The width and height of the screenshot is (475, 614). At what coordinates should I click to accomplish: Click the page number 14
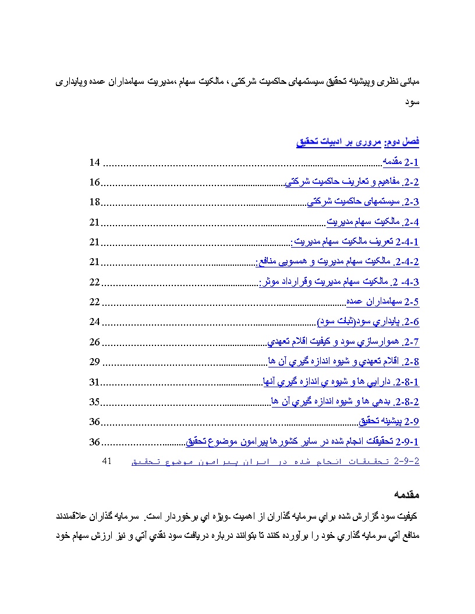[95, 162]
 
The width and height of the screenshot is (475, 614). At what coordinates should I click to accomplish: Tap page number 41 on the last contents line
[107, 461]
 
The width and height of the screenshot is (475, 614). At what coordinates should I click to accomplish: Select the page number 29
[95, 362]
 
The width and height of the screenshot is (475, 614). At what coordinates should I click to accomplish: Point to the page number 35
[94, 402]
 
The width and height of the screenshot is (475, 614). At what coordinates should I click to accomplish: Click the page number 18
[94, 202]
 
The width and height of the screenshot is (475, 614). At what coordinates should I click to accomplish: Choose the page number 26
[95, 342]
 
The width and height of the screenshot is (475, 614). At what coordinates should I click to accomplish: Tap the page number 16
[94, 183]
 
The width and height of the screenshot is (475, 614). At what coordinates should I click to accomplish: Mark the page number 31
[94, 382]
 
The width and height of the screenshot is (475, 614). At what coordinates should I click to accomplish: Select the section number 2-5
[412, 302]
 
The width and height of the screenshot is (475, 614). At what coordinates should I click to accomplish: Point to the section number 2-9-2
[406, 462]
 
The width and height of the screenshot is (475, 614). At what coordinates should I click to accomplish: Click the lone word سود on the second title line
[413, 101]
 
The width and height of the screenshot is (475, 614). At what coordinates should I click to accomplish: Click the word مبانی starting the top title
[409, 81]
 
